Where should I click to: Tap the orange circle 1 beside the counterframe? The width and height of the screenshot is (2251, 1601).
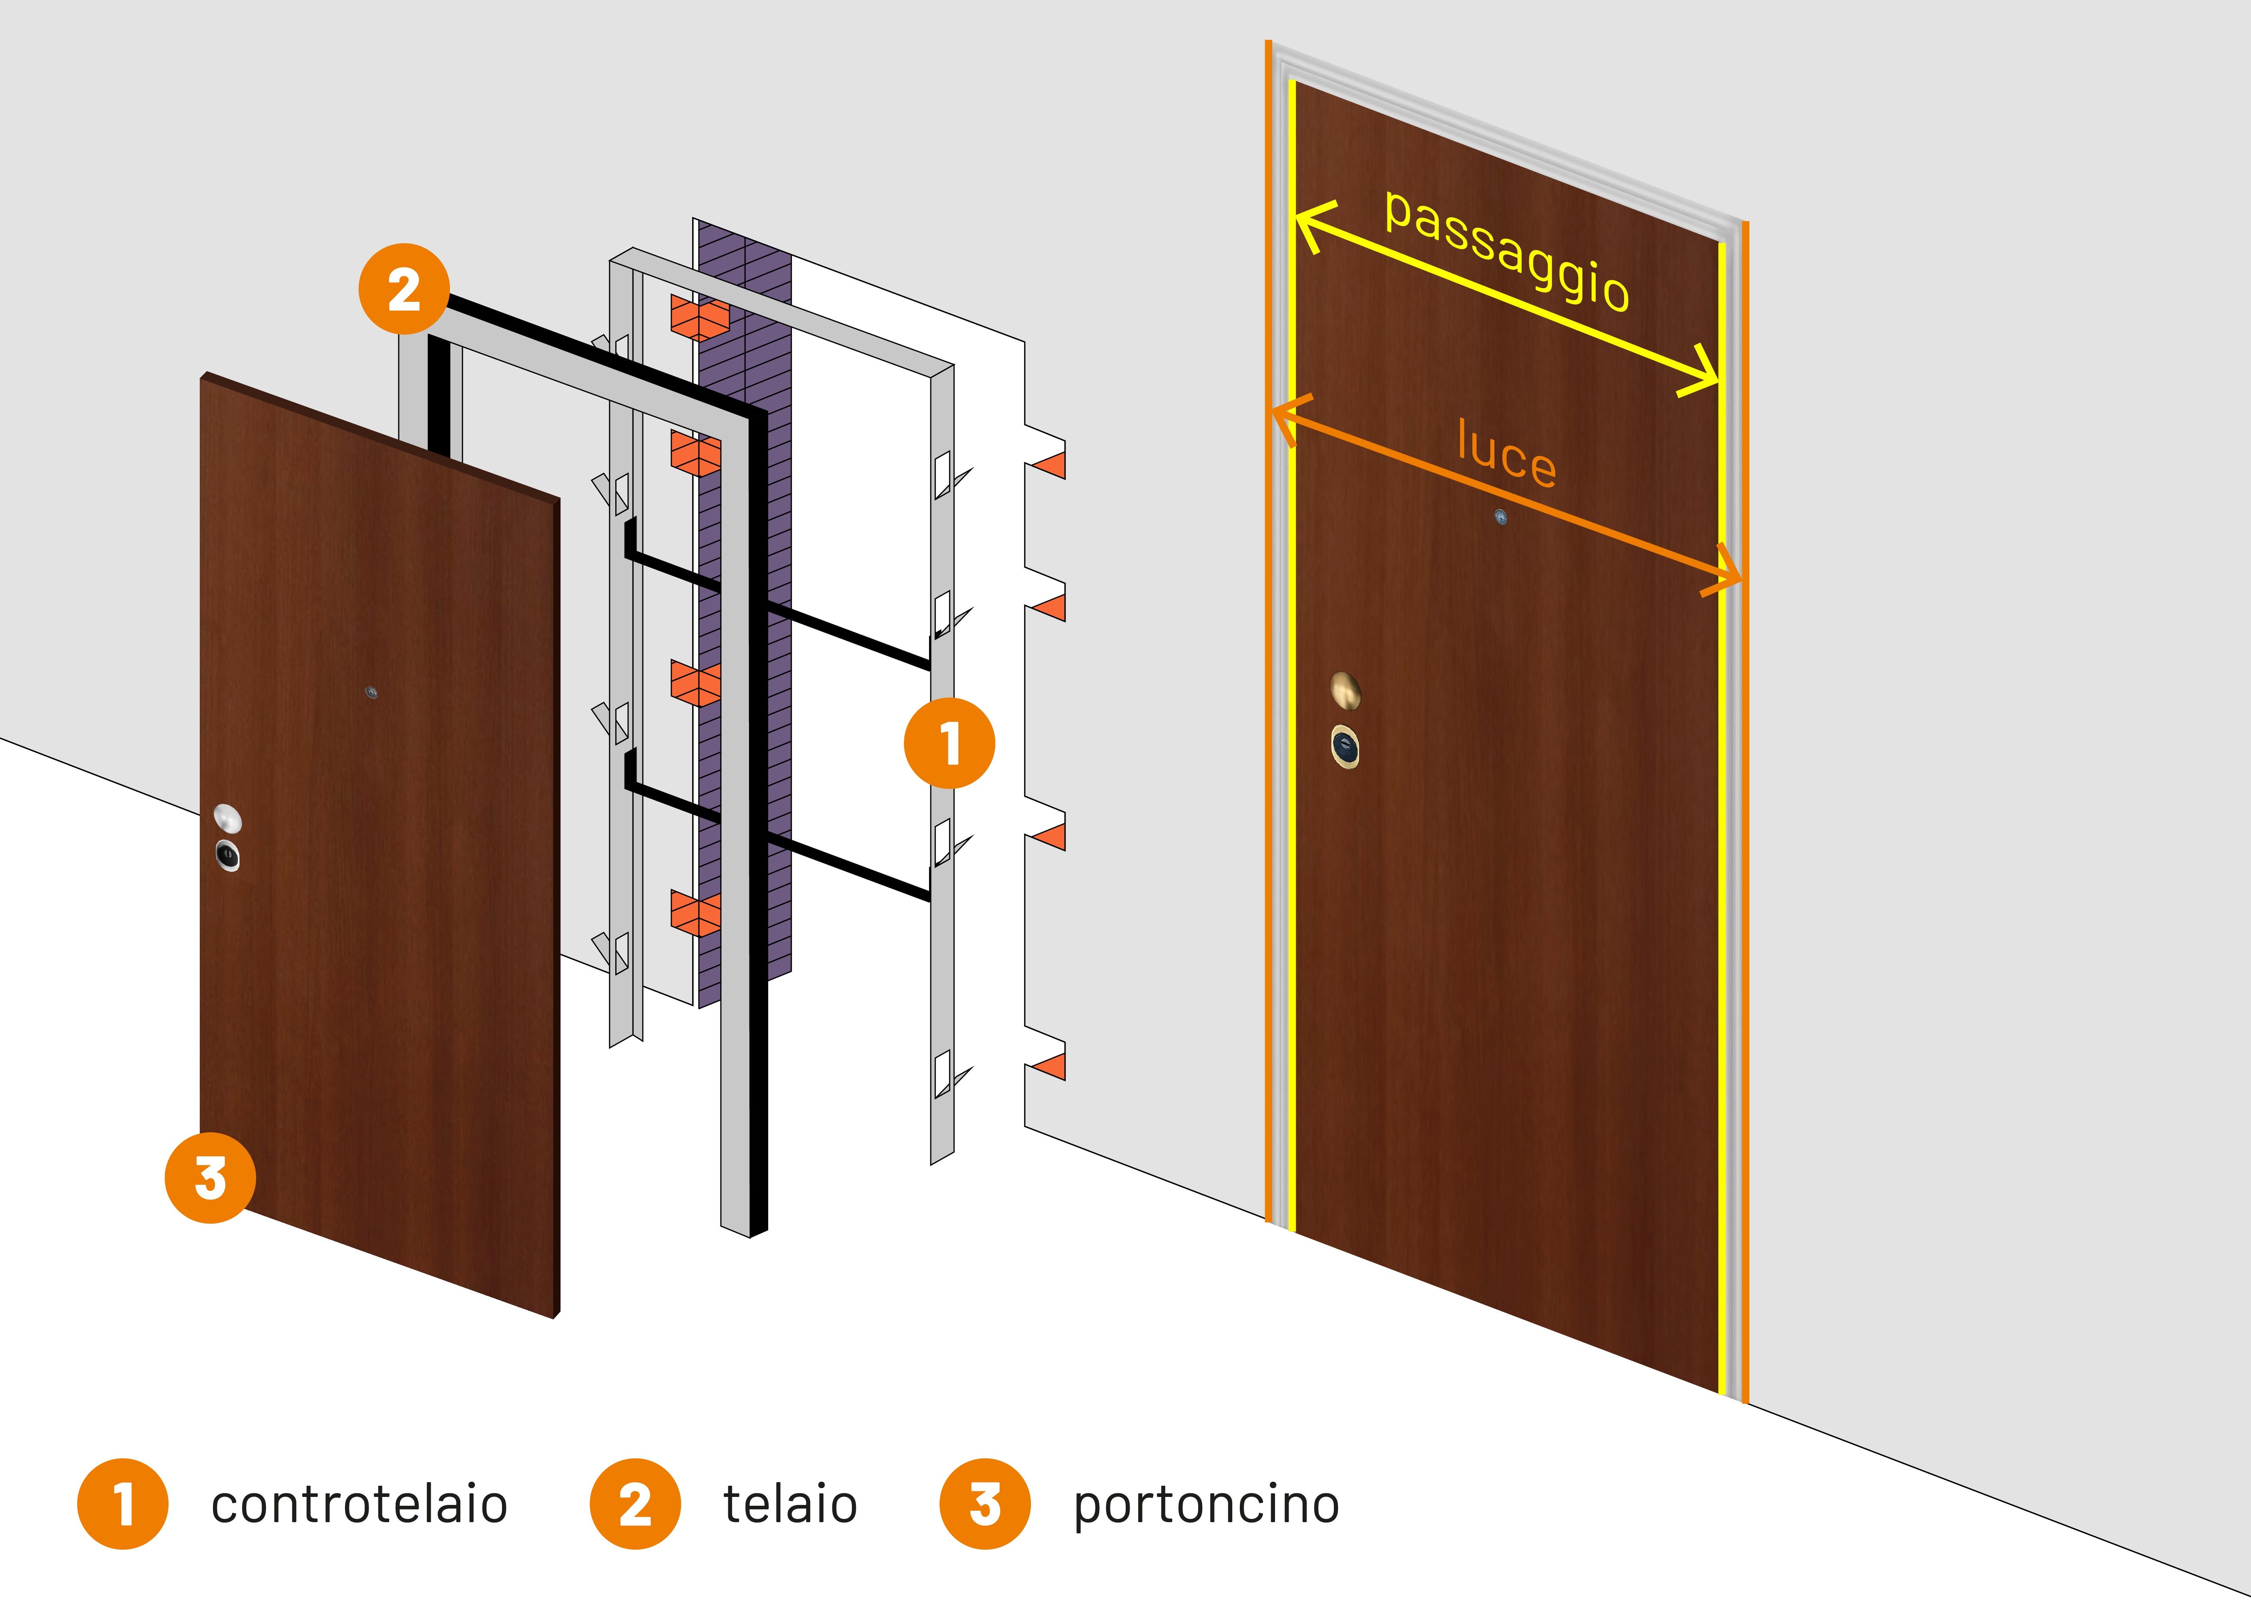(x=948, y=742)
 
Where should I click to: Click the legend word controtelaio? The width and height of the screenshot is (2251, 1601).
(x=359, y=1505)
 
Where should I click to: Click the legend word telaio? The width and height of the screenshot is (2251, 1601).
(x=790, y=1505)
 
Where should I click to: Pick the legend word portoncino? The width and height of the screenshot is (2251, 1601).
(x=1206, y=1505)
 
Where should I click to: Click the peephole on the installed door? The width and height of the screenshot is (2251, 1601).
(x=1500, y=517)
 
